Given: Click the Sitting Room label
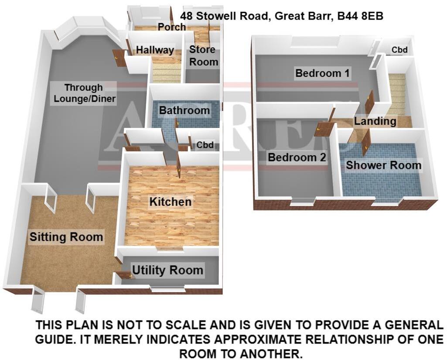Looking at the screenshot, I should pos(66,237).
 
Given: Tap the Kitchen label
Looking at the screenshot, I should pos(171,202).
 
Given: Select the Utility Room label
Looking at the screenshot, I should pos(167,270).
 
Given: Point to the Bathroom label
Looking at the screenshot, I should pos(184,110).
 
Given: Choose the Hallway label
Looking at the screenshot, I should pos(155,50).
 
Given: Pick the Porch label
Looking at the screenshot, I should pos(172,27).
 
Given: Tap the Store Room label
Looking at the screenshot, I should pos(204,56).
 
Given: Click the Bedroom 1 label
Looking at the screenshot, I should pos(322,73).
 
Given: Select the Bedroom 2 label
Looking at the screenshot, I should pos(297,157).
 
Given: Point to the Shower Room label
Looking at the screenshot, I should pos(383,165).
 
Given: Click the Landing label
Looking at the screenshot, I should pos(375,121).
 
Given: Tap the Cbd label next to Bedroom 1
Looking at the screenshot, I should pos(399,50).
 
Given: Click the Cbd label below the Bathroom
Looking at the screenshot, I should pos(205,145).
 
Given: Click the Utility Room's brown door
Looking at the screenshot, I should pos(124,275).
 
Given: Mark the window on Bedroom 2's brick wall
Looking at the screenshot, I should pos(304,201).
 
